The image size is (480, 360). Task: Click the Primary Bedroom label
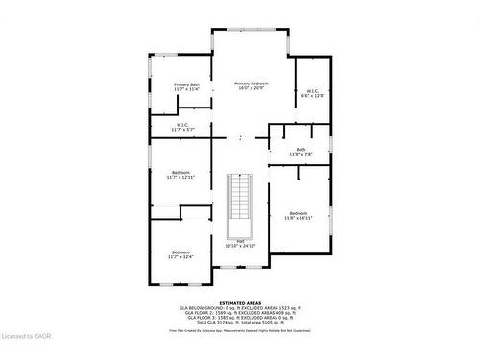click(252, 84)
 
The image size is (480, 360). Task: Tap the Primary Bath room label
click(187, 84)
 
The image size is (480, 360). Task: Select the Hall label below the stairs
click(240, 241)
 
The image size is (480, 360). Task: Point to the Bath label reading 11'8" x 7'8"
click(300, 149)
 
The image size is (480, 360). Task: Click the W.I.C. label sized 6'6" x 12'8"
click(312, 91)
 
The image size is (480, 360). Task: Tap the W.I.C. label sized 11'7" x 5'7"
click(181, 125)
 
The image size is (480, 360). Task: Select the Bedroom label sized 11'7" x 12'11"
click(180, 173)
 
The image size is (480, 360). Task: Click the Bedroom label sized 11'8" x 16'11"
click(298, 213)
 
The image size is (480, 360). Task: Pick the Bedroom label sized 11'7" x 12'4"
click(180, 252)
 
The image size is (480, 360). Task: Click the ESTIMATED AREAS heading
click(239, 302)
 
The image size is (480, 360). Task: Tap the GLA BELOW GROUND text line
click(239, 307)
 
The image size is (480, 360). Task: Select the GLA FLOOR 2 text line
click(239, 313)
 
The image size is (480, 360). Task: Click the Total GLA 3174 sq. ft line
click(239, 323)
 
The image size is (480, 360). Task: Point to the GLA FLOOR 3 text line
click(239, 318)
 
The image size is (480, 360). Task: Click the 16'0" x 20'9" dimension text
click(252, 88)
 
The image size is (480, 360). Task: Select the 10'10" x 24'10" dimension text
click(240, 246)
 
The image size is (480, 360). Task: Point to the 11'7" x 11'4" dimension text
click(187, 89)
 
